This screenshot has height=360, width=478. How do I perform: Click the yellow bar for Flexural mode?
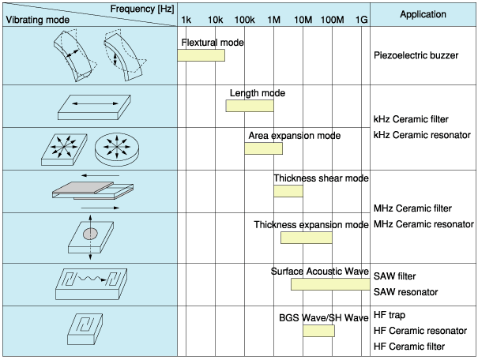201,55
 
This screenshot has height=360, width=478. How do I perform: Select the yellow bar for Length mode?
250,105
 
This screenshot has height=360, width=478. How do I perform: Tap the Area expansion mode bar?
263,148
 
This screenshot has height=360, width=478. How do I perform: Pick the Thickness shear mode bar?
288,191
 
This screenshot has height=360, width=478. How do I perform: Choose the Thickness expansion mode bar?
306,238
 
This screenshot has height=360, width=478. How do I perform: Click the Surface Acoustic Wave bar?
330,284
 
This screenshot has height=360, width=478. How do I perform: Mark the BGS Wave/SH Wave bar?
318,331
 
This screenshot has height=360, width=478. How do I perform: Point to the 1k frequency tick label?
186,18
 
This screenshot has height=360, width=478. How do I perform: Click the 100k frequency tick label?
246,18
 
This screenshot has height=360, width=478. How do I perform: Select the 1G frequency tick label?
361,18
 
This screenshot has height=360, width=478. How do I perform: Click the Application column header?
423,15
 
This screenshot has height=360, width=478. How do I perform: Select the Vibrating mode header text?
36,19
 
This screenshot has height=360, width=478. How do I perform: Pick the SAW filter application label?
395,276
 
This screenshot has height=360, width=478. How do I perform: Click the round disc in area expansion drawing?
115,147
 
